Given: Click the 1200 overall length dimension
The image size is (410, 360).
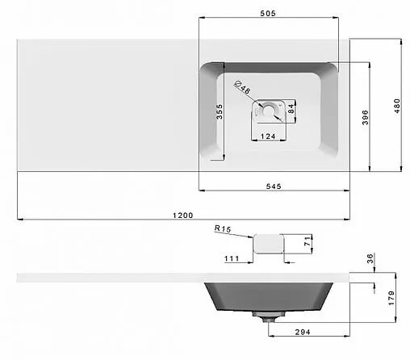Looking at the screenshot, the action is [182, 216].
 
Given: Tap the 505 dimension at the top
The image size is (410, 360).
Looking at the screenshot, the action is [268, 13].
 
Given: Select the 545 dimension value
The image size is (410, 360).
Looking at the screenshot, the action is [274, 186].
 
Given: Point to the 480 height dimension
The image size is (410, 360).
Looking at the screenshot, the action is [397, 106].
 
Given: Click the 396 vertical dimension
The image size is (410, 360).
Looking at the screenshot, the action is [365, 117].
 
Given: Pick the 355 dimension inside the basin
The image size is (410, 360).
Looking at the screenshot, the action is [220, 111].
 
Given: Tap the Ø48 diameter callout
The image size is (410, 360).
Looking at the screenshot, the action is [242, 87].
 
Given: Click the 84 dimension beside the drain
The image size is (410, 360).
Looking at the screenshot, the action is [291, 109].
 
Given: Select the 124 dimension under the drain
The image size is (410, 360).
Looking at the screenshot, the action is [268, 136].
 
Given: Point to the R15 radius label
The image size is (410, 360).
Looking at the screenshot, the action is [223, 228].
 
